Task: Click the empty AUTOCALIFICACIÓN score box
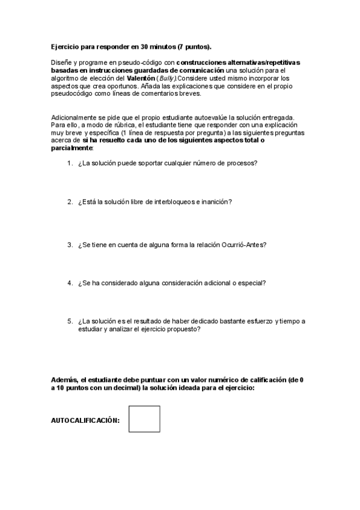point(144,419)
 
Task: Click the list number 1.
point(70,163)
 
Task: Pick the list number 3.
point(70,244)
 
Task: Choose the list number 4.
point(70,282)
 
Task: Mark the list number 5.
point(70,321)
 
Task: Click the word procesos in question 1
point(244,163)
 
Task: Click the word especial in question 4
point(253,282)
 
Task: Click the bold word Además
point(64,380)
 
